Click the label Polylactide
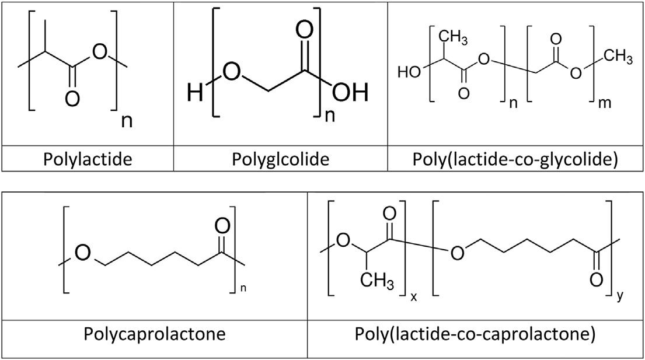(88, 159)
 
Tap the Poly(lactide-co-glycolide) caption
(516, 159)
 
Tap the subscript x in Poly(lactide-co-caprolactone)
(413, 297)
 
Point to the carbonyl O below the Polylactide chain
(72, 99)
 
